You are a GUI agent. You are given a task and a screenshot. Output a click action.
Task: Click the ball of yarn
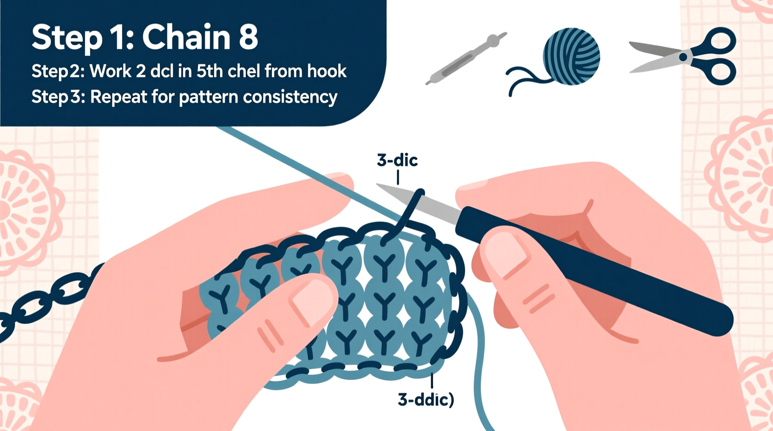click(571, 57)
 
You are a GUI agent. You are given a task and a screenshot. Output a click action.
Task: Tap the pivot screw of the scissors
click(683, 57)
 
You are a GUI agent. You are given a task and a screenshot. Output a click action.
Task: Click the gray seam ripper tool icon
click(466, 59)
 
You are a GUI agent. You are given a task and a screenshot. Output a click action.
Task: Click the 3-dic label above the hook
click(397, 160)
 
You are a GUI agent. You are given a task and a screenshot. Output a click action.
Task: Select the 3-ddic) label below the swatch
click(426, 399)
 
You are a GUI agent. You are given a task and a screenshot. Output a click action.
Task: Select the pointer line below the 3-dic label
click(398, 177)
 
